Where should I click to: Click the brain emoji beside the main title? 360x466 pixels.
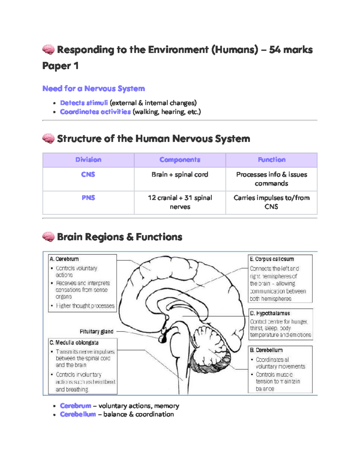tap(48, 50)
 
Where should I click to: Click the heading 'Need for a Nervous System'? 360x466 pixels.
tap(94, 89)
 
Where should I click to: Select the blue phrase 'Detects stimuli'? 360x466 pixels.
tap(84, 103)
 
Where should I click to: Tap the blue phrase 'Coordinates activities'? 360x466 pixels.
tap(95, 112)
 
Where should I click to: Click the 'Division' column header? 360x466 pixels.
tap(88, 160)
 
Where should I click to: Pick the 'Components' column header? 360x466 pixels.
tap(180, 160)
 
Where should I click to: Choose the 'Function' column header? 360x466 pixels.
tap(271, 160)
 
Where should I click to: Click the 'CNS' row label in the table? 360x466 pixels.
tap(88, 174)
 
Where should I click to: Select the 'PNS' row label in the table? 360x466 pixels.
tap(88, 198)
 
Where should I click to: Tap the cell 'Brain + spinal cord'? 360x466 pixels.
tap(180, 174)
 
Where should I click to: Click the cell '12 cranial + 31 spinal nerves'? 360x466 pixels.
tap(180, 202)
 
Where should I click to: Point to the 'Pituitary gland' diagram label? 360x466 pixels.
tap(96, 332)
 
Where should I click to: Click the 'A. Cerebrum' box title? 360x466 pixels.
tap(64, 259)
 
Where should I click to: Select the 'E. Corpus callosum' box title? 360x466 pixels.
tap(272, 259)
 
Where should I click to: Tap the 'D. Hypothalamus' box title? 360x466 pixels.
tap(270, 313)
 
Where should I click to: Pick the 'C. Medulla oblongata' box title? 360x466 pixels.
tap(74, 343)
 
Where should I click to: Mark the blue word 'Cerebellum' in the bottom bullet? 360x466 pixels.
tap(78, 414)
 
